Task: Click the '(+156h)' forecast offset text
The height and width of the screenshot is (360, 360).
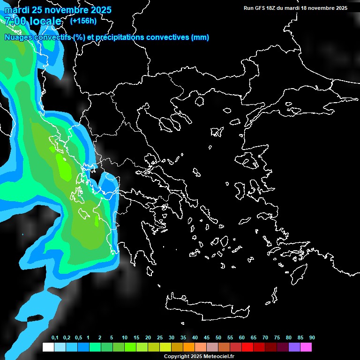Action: [x=83, y=21]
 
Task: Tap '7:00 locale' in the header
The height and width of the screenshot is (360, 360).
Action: [x=32, y=21]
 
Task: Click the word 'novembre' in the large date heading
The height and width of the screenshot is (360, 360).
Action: [x=68, y=10]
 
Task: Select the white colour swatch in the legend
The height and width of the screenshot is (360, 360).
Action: [x=48, y=347]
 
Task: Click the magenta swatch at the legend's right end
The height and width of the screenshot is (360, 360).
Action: [x=306, y=347]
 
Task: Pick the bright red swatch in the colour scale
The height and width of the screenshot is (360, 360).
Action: [x=247, y=347]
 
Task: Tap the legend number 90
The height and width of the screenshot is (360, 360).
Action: [x=312, y=338]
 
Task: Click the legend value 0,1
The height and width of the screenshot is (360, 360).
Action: [x=55, y=338]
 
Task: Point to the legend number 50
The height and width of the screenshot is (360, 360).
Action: [x=218, y=338]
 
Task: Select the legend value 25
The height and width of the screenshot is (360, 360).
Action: [x=160, y=338]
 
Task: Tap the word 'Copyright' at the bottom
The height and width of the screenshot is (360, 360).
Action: [x=177, y=357]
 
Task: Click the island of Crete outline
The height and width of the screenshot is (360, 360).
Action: [x=206, y=307]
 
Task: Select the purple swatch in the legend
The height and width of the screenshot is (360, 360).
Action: [x=294, y=347]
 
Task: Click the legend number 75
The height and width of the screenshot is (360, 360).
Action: [x=277, y=338]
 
